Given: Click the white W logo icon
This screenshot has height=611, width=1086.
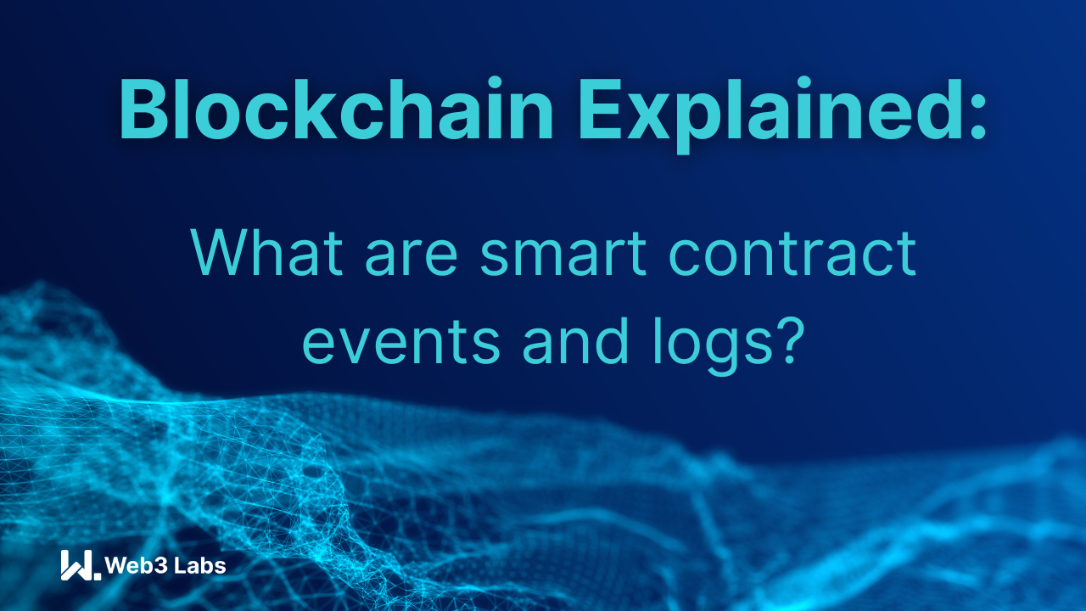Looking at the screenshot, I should [x=80, y=565].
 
